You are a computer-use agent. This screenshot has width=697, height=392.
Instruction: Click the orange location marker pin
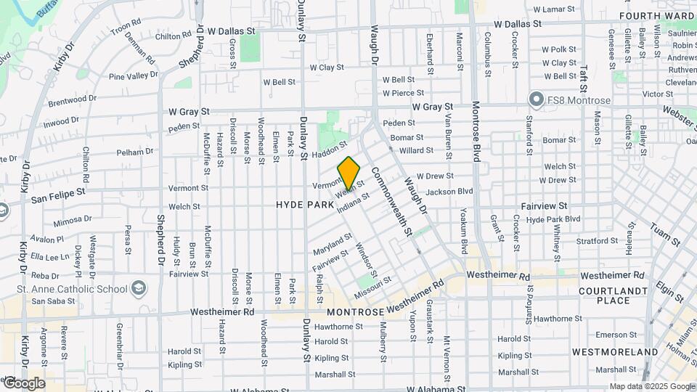coord(349,173)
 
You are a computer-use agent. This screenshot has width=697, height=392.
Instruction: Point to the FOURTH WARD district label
coord(657,15)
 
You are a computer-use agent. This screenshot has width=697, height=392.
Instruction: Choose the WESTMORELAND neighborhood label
coord(608,352)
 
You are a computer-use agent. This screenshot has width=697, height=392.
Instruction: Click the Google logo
coord(24,383)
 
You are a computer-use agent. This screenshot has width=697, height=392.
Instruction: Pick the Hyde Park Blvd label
coord(553,219)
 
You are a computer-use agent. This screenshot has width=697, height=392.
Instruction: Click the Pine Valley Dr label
coord(133,75)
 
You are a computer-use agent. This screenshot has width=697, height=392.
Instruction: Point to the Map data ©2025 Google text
coord(652,386)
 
